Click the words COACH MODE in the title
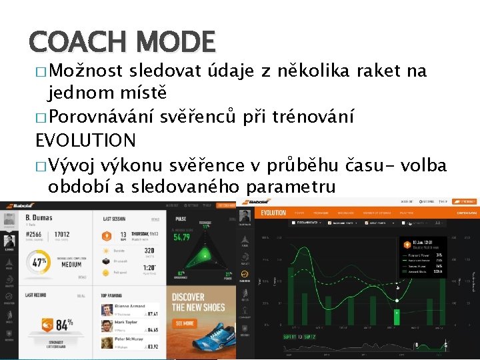tap(122, 42)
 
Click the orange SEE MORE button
tap(184, 323)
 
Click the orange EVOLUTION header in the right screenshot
tap(273, 213)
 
